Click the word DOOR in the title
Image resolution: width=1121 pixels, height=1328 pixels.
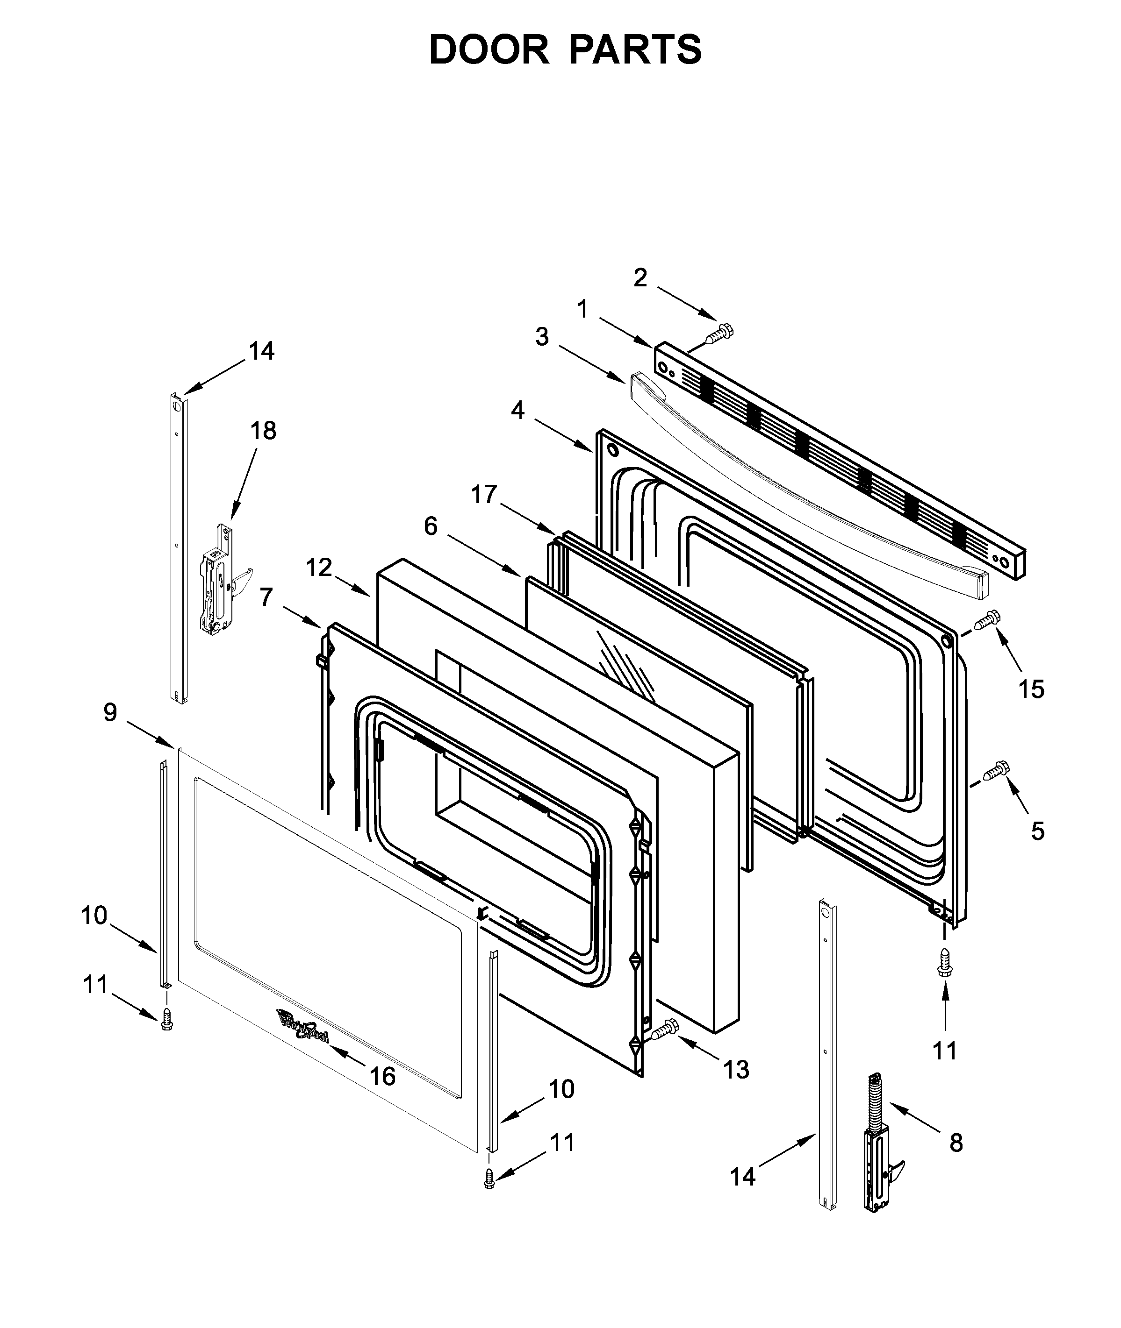point(488,50)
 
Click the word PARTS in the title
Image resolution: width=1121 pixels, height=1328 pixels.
point(635,50)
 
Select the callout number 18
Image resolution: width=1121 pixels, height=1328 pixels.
point(263,431)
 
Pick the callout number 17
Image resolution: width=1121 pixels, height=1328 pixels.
point(484,494)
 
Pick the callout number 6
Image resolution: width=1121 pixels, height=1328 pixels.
point(431,526)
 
